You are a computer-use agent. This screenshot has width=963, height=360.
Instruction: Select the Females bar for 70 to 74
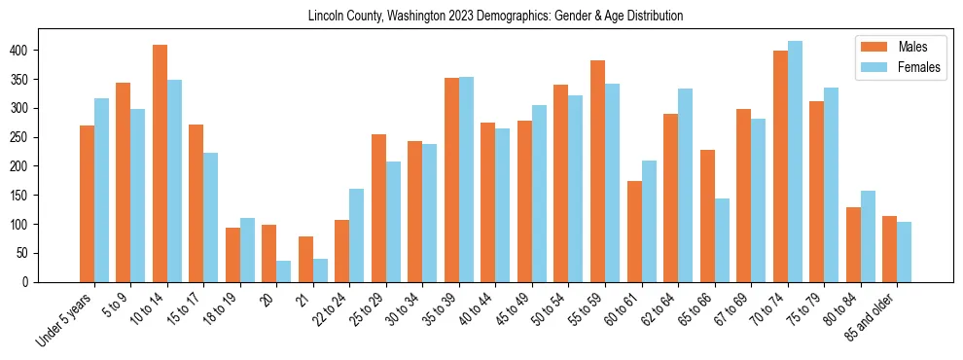(795, 162)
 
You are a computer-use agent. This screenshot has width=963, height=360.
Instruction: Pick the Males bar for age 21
(305, 259)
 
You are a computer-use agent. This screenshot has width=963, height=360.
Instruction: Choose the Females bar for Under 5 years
(101, 190)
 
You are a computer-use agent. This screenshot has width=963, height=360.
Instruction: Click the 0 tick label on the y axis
(35, 282)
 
